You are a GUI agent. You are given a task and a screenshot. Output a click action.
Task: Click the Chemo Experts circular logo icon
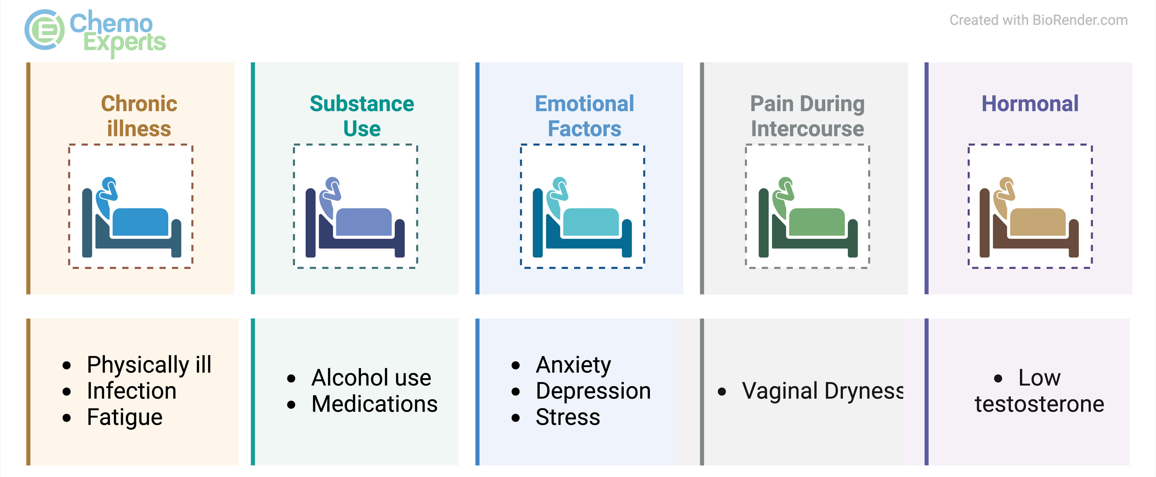tap(44, 30)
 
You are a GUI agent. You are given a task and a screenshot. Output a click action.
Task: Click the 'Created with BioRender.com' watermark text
tap(1038, 20)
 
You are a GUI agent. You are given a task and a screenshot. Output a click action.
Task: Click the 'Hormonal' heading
tap(1030, 104)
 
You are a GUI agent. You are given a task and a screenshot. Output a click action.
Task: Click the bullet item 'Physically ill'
tap(149, 365)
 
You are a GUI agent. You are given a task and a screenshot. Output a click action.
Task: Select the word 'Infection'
tap(132, 391)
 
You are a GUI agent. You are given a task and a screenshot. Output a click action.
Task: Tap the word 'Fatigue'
tap(125, 417)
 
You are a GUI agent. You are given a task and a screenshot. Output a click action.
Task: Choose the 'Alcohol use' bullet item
tap(371, 378)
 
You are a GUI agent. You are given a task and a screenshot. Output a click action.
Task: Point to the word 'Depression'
tap(593, 391)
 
